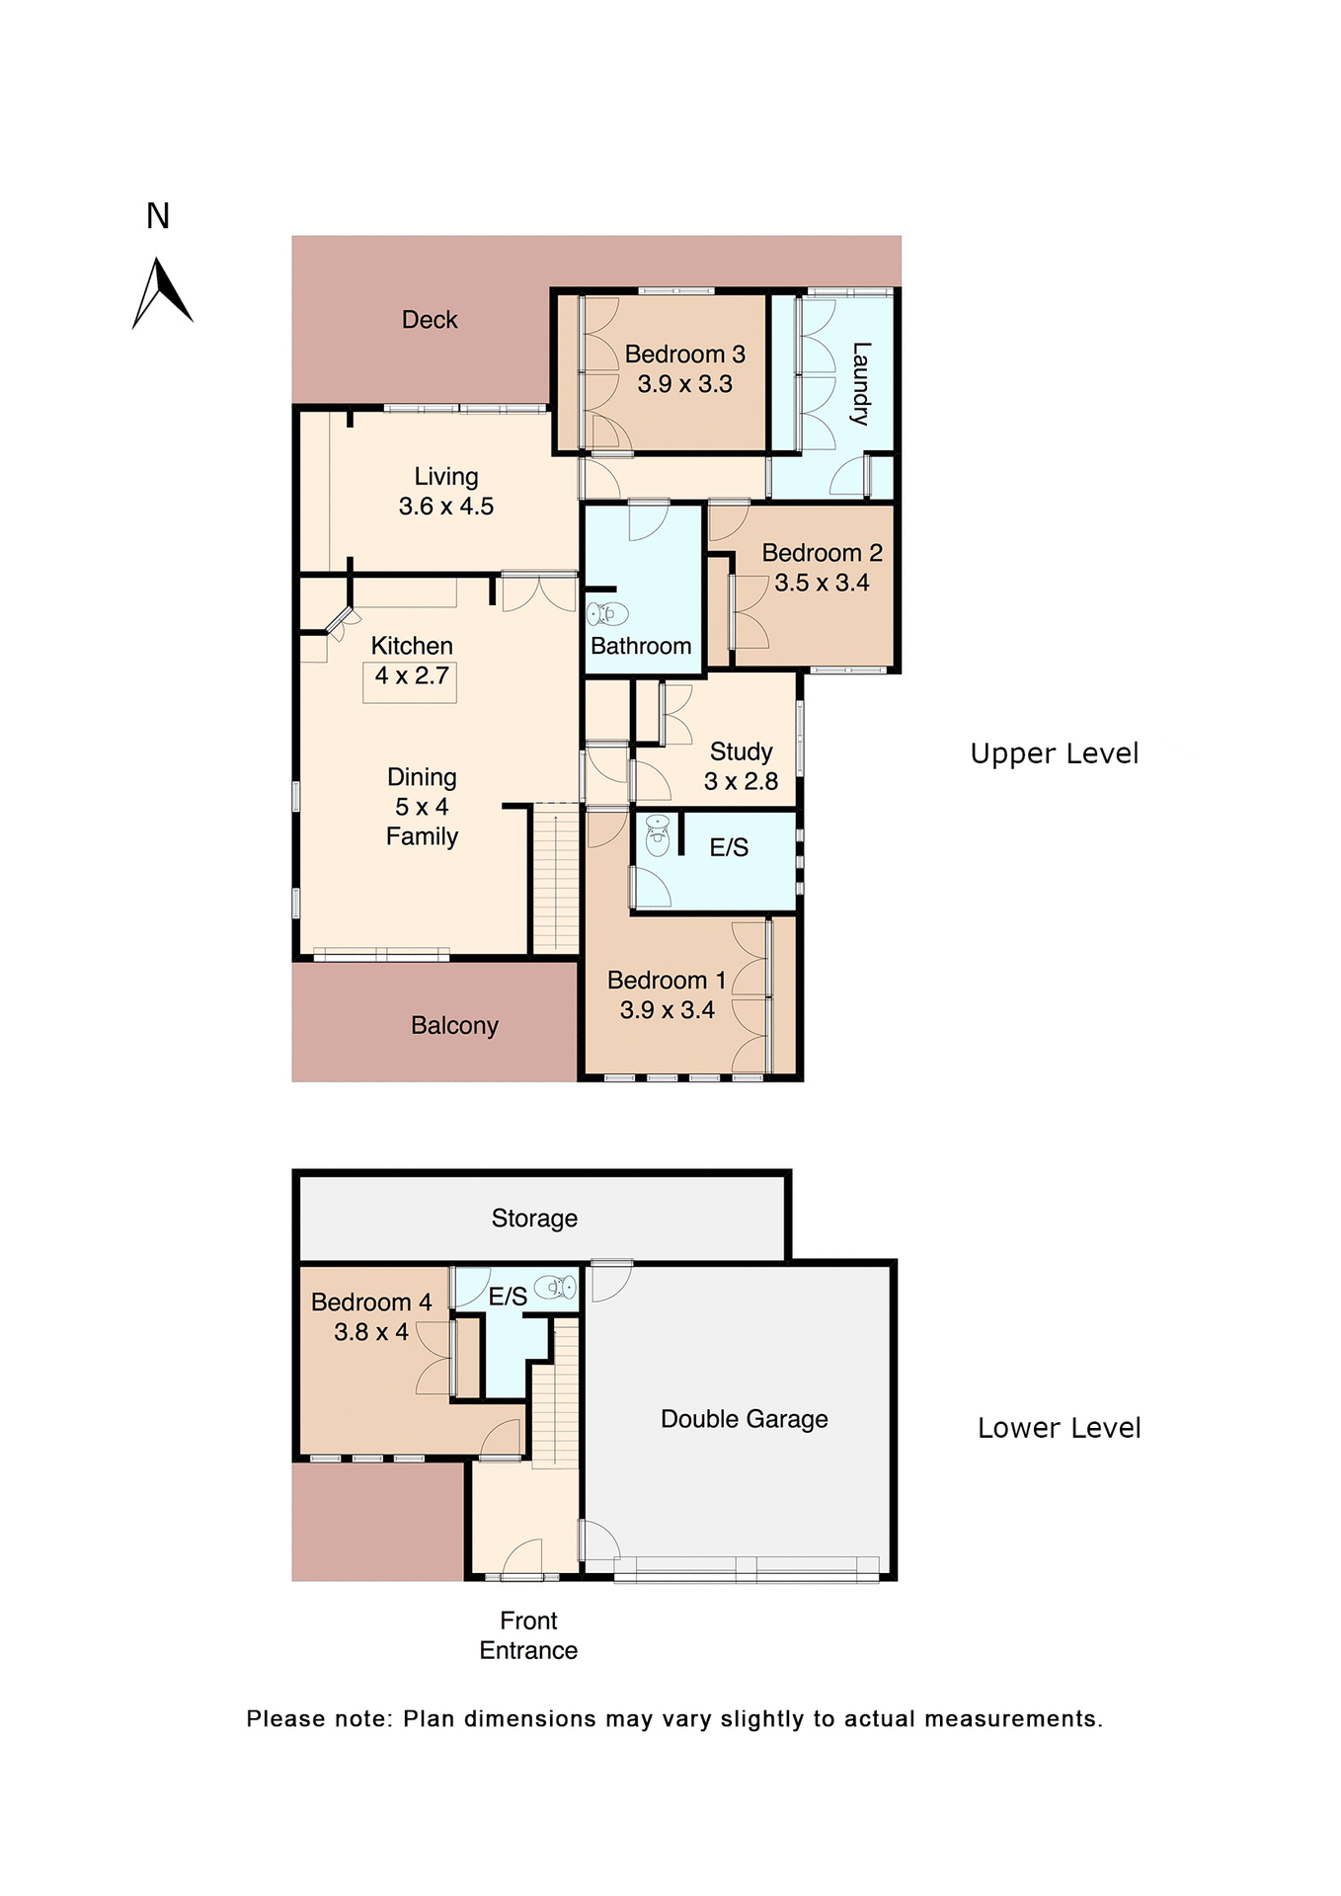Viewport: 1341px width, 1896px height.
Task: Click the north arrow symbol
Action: (x=161, y=293)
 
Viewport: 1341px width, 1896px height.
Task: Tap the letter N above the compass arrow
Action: (x=158, y=216)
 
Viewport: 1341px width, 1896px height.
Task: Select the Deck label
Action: (x=430, y=320)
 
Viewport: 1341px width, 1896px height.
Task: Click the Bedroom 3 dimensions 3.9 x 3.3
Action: (x=684, y=384)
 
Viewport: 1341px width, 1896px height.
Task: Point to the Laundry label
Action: (x=860, y=383)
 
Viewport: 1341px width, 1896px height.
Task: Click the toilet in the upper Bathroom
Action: (x=607, y=614)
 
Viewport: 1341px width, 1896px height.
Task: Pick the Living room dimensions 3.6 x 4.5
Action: (x=446, y=507)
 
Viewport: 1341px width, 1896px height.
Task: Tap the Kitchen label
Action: (x=412, y=646)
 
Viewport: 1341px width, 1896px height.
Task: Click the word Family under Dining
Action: (x=422, y=836)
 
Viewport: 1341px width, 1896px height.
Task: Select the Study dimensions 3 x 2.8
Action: (x=741, y=781)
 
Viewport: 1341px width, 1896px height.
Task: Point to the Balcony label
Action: (x=454, y=1025)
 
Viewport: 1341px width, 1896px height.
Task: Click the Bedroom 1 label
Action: (x=667, y=981)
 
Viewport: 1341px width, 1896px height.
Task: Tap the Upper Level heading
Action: (x=1054, y=753)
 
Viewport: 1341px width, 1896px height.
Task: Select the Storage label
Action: (x=534, y=1219)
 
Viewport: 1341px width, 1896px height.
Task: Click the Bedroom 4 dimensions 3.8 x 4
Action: (x=371, y=1332)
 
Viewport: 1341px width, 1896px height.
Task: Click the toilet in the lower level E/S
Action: (x=556, y=1288)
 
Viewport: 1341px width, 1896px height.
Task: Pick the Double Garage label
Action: (x=744, y=1419)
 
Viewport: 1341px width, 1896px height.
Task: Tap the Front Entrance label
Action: (x=528, y=1635)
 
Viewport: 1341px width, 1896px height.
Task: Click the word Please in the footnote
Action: (x=285, y=1719)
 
